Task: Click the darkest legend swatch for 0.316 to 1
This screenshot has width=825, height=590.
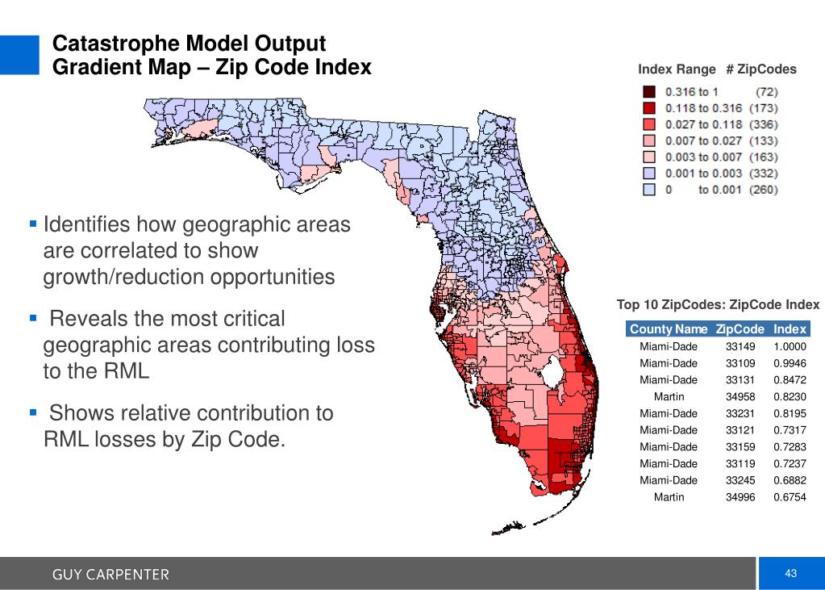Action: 648,91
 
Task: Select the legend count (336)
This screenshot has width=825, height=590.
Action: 763,124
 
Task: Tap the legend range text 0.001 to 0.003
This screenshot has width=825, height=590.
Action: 702,173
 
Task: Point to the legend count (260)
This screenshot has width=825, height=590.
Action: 763,190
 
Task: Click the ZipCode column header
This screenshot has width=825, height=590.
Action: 740,329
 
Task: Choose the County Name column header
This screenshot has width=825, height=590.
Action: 669,329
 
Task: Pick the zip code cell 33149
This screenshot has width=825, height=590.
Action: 740,346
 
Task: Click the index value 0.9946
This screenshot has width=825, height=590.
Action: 790,363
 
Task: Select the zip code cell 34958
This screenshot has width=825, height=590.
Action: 740,396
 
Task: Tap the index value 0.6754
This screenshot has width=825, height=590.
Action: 790,496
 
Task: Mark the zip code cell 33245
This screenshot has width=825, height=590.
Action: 740,480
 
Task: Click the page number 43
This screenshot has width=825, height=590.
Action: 790,573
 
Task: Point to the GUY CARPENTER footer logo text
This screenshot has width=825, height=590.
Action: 111,575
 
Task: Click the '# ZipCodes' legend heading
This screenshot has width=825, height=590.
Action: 760,69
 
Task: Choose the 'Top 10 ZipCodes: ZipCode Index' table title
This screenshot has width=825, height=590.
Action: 718,305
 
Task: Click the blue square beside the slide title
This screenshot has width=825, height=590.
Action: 19,55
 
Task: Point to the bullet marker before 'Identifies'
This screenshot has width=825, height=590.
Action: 33,222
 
